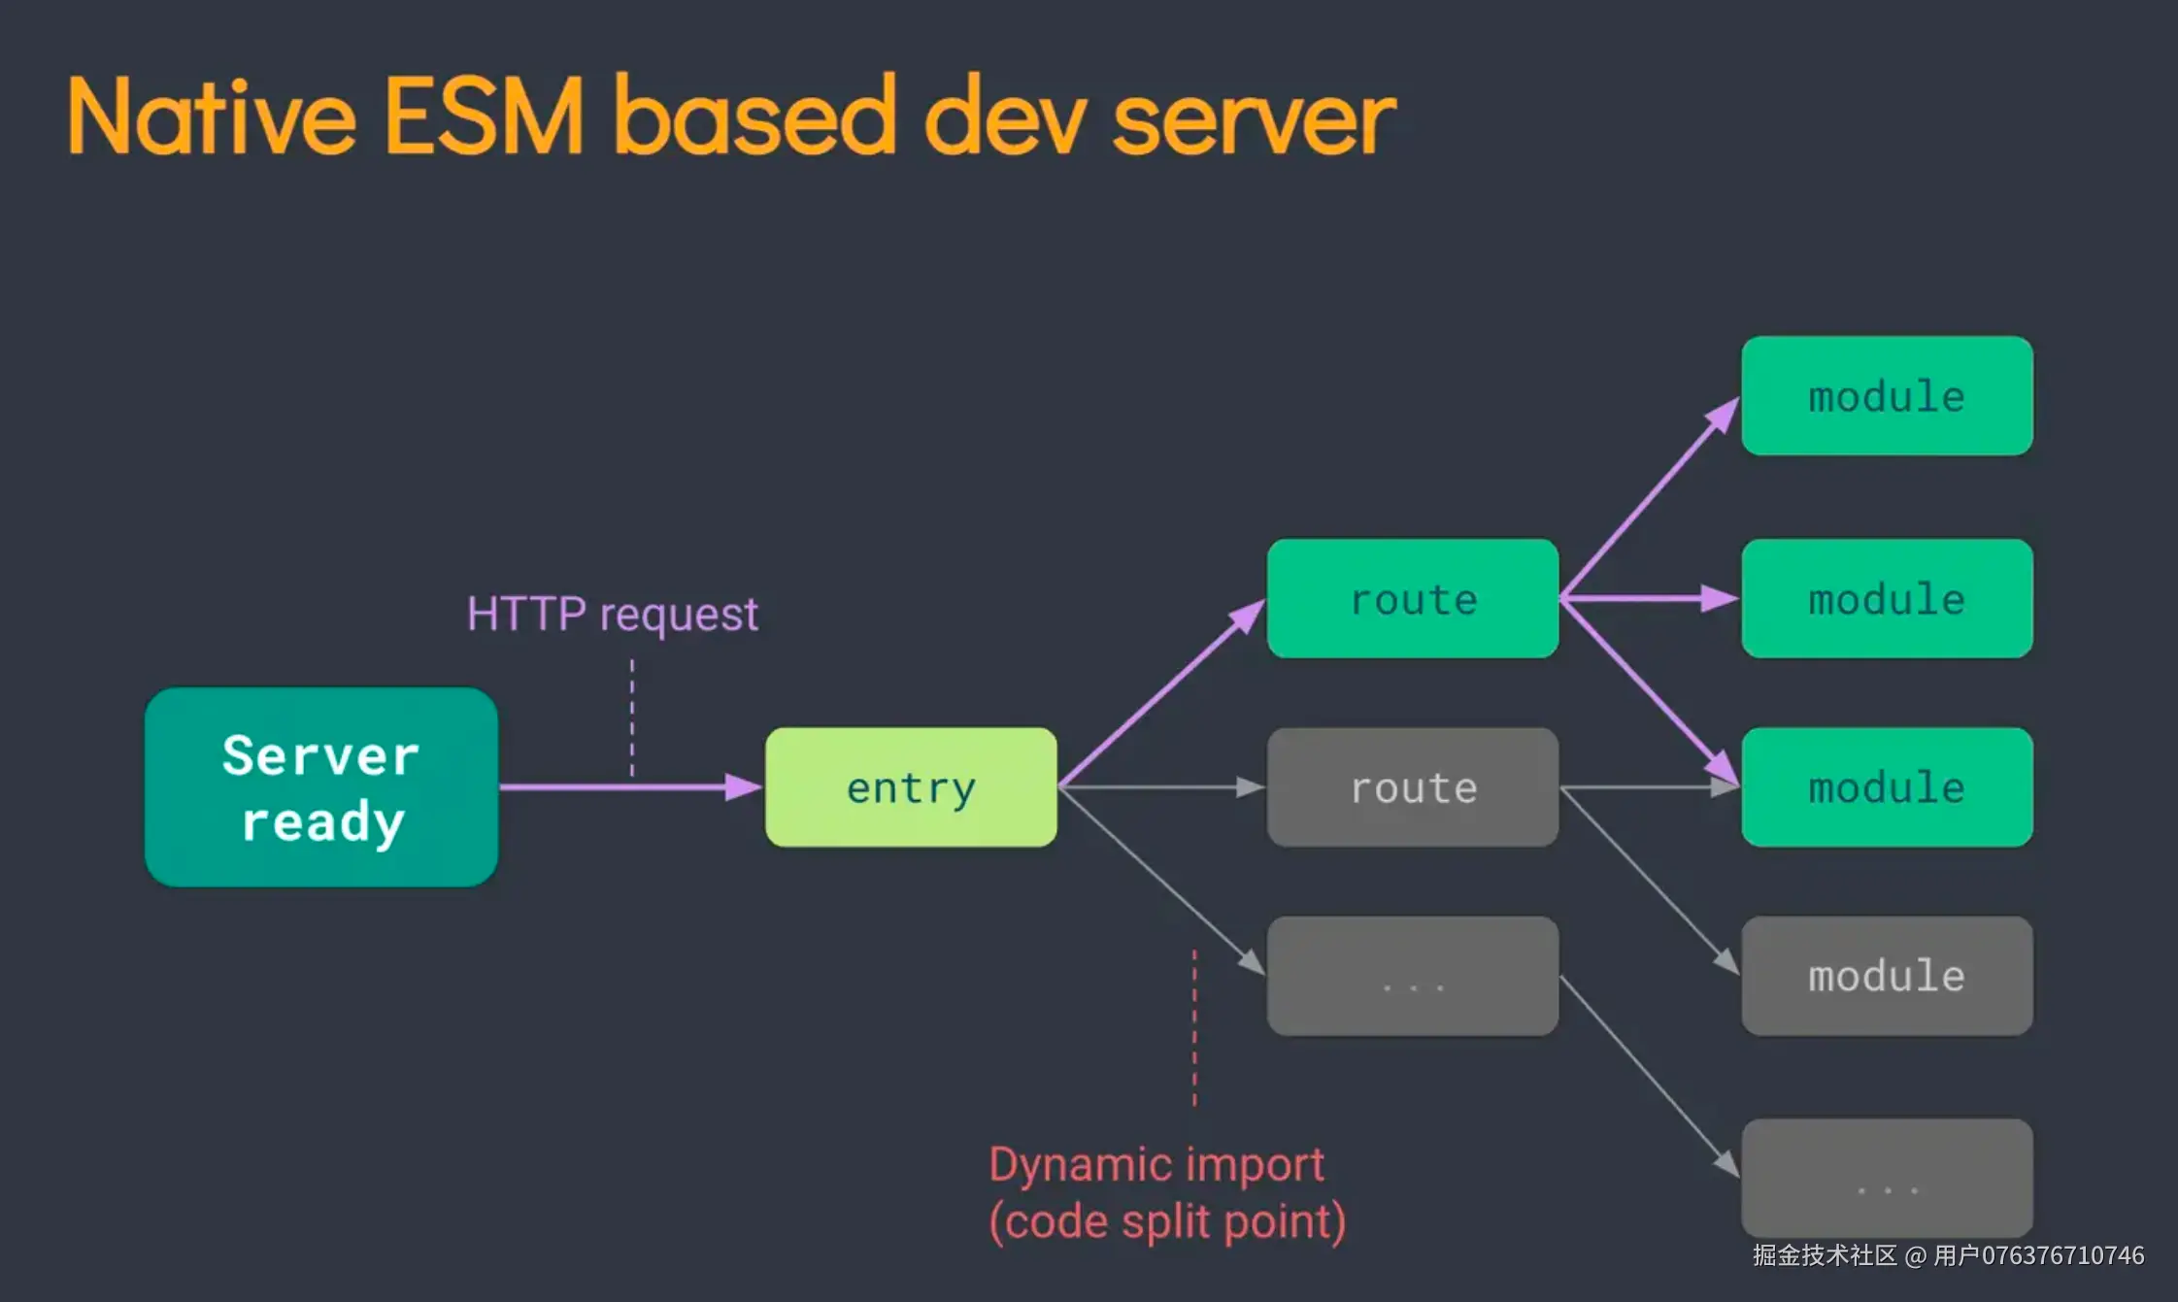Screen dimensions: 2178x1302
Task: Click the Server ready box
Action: [x=321, y=786]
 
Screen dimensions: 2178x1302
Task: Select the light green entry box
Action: [x=911, y=786]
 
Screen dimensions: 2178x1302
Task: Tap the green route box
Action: [x=1413, y=598]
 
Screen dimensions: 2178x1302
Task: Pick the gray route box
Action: [x=1413, y=786]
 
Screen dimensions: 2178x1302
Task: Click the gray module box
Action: [x=1887, y=976]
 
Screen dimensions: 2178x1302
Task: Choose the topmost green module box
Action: [x=1887, y=395]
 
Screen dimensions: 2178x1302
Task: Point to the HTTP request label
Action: [x=612, y=615]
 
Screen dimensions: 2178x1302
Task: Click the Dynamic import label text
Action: [x=1167, y=1193]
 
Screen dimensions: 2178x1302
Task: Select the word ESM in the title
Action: [x=485, y=117]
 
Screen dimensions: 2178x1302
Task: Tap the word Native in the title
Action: [x=212, y=117]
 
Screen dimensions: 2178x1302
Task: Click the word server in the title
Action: [x=1254, y=121]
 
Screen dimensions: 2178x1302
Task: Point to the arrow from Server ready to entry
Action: [x=630, y=786]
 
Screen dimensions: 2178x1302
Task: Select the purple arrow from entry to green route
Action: [x=1161, y=693]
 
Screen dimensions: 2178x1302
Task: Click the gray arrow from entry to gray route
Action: [x=1161, y=787]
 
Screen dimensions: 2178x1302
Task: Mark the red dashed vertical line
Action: [x=1194, y=1028]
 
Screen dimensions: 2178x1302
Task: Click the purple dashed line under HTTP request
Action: [x=632, y=718]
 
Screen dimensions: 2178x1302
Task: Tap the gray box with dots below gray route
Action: [x=1413, y=976]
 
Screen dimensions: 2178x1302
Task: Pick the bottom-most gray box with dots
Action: [x=1887, y=1178]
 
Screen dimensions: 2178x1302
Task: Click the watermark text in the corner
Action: [x=1948, y=1255]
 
